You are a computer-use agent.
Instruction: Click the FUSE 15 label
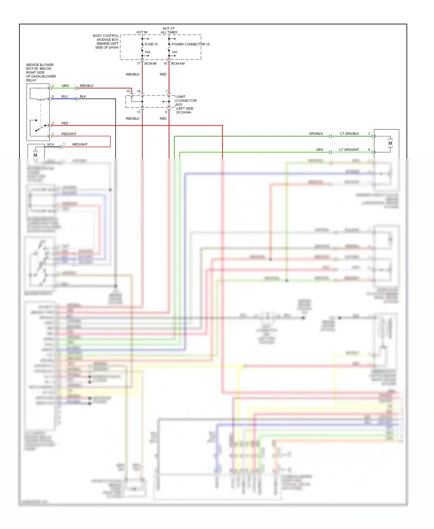tap(151, 44)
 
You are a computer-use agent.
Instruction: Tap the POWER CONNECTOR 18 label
tap(190, 44)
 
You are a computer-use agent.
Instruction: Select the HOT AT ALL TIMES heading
tap(169, 30)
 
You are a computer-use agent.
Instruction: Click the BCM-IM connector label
tap(150, 63)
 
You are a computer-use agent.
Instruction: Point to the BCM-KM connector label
tap(178, 63)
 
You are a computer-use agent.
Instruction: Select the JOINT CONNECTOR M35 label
tap(186, 101)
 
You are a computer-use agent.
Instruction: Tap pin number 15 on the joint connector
tap(128, 91)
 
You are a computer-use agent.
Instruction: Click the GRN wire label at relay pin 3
tap(65, 86)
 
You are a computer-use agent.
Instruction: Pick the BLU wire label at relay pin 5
tap(65, 96)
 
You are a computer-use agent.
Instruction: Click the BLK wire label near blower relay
tap(83, 96)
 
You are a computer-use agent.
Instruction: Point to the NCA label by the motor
tap(51, 144)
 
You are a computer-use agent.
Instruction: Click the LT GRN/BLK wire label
tap(350, 133)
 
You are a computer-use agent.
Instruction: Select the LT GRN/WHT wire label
tap(349, 150)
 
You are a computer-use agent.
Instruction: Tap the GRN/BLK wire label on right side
tap(316, 133)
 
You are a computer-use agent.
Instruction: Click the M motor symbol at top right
tap(390, 143)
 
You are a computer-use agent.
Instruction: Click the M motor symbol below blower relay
tap(35, 155)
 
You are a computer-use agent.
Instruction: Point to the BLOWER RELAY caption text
tap(41, 72)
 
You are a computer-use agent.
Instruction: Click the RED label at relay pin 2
tap(65, 123)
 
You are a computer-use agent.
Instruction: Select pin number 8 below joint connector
tap(166, 112)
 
